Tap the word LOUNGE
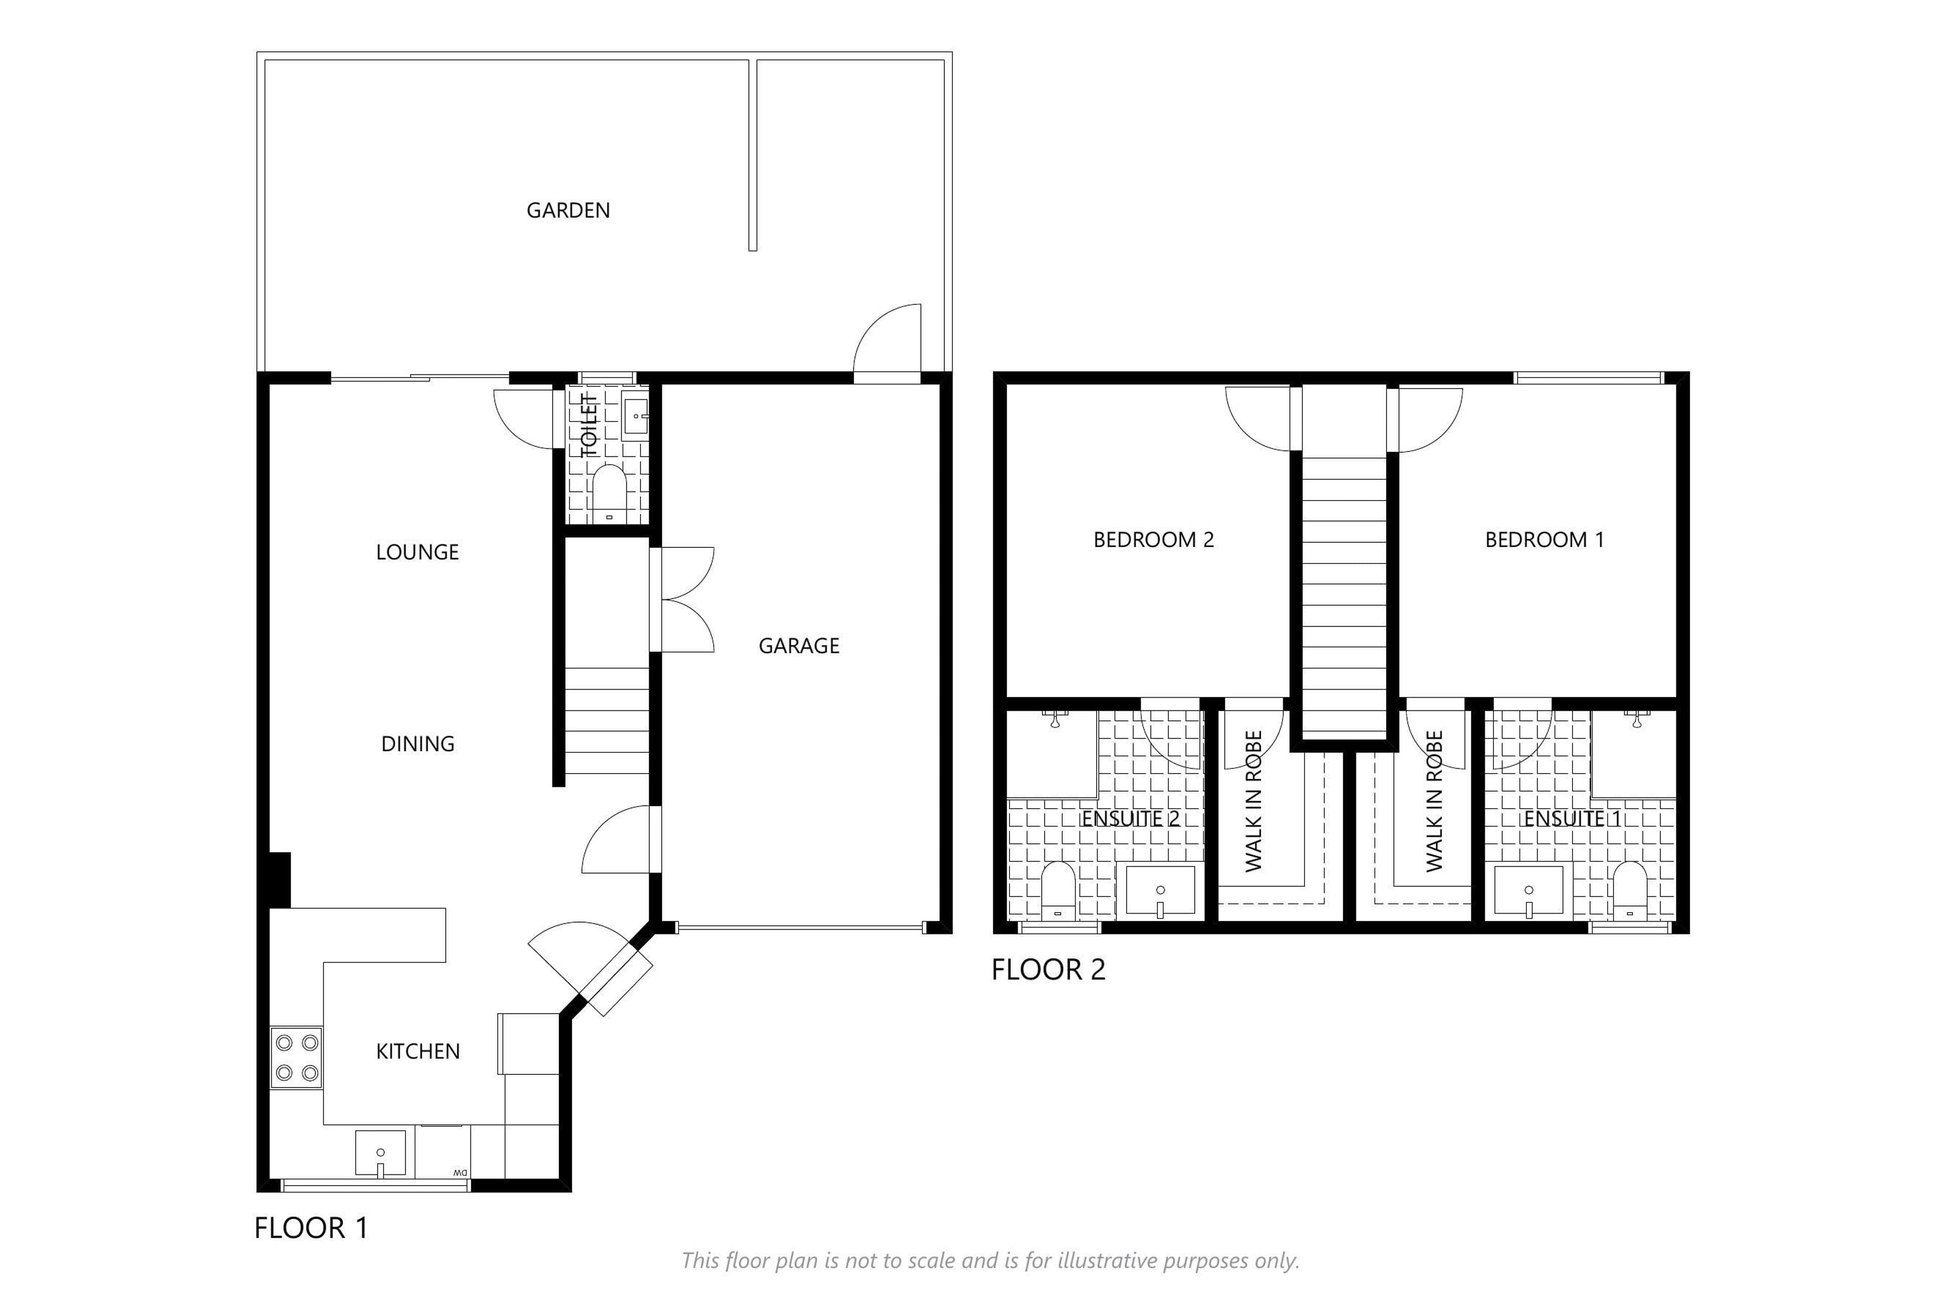coord(417,552)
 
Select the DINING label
coord(417,744)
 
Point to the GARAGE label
coord(799,645)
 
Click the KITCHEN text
coord(417,1051)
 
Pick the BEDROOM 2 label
coord(1153,539)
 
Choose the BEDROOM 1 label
coord(1544,539)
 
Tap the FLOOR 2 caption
coord(1049,969)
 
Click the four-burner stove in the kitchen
coord(296,1058)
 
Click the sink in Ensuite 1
coord(1528,891)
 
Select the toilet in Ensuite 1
coord(1630,891)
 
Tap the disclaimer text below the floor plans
coord(990,1261)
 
